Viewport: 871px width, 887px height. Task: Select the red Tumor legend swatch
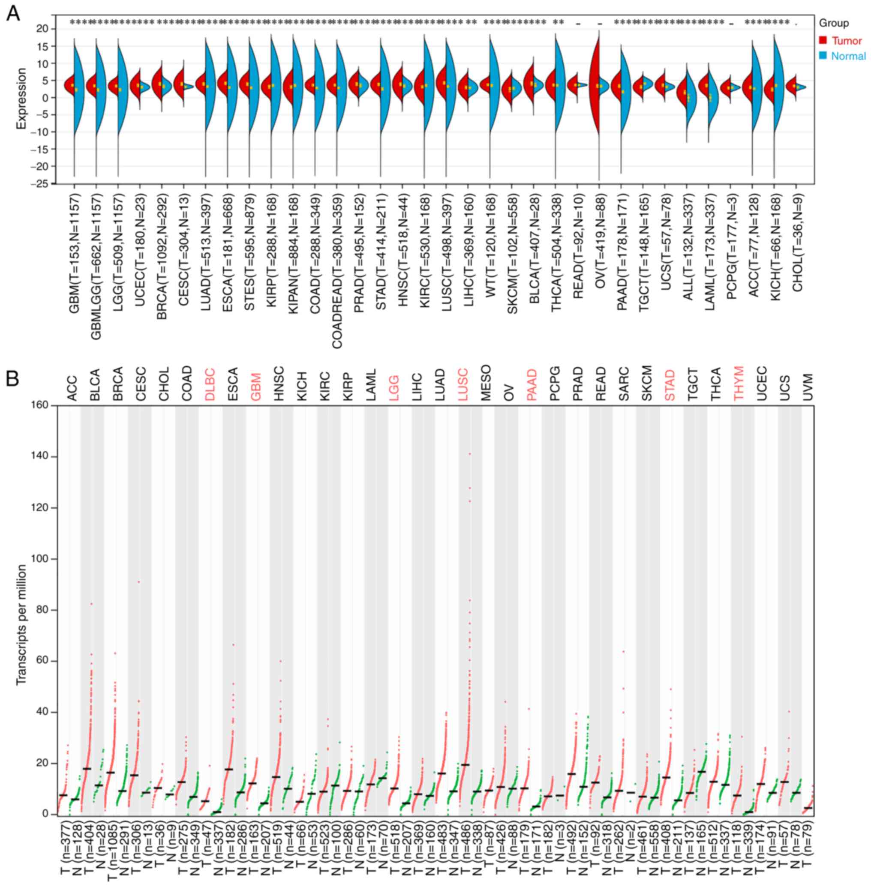pos(823,41)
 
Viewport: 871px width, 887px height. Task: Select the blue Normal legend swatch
pos(823,55)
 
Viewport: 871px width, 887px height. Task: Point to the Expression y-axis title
pos(21,99)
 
